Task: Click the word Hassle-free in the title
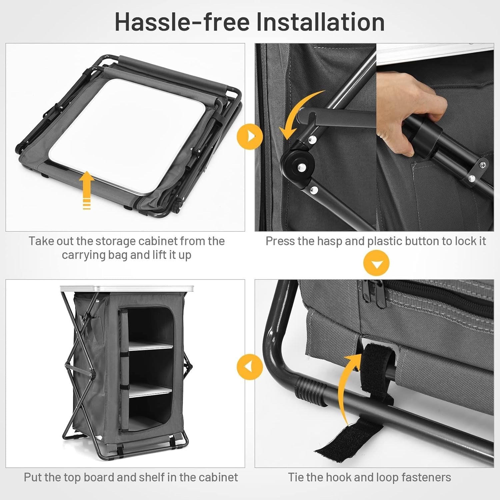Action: (182, 22)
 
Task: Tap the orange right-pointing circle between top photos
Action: (250, 136)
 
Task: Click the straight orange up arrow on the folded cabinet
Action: (87, 190)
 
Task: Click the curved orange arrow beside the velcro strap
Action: (350, 387)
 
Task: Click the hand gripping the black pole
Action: (413, 110)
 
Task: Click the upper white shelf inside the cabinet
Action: (151, 345)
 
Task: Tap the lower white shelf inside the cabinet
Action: (151, 392)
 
